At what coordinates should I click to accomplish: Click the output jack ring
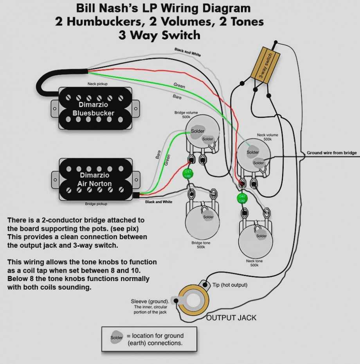point(193,301)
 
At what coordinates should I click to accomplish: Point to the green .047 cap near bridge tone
point(188,174)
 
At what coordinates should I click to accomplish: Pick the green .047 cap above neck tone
point(242,198)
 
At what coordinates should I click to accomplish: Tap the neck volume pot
point(254,155)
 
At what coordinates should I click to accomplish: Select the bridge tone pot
point(201,221)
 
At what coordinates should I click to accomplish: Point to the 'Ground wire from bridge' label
point(331,153)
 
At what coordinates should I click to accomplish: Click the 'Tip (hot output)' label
point(230,285)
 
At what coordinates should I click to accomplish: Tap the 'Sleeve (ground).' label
point(150,301)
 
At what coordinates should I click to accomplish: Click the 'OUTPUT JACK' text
point(231,317)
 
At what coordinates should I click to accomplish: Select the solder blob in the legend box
point(117,337)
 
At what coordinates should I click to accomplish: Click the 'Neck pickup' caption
point(97,84)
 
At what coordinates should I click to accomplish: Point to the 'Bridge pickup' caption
point(96,204)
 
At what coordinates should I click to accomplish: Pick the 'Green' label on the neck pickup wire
point(179,86)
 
